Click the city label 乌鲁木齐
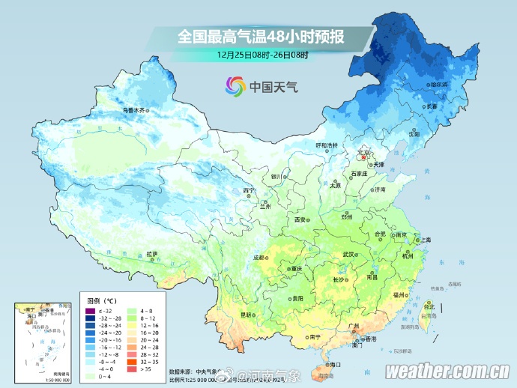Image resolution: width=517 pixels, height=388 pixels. click(133, 110)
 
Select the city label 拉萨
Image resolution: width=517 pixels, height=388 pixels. click(152, 254)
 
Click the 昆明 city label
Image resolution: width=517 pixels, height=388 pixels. click(246, 315)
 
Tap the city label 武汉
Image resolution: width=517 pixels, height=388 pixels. click(347, 255)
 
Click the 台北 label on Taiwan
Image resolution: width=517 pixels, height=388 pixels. click(429, 306)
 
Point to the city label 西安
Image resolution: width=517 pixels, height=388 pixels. click(300, 220)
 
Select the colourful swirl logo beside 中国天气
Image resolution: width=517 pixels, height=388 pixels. click(235, 87)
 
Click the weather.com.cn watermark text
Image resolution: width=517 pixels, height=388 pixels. click(448, 372)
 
